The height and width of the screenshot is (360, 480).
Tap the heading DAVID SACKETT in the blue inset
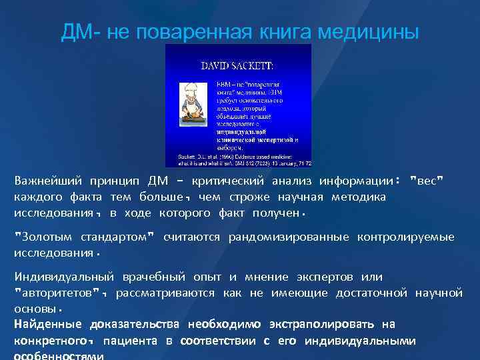[237, 65]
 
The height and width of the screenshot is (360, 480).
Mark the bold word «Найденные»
[48, 325]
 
